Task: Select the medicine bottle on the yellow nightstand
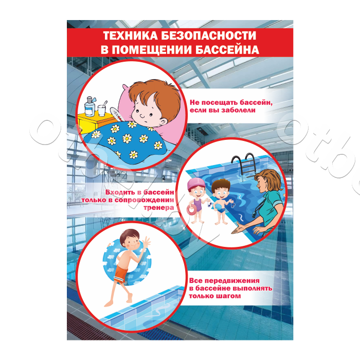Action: (x=89, y=106)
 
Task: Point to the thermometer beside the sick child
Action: (x=117, y=114)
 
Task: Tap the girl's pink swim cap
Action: (x=196, y=183)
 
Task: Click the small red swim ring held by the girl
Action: (x=191, y=209)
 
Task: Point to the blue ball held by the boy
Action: (x=221, y=209)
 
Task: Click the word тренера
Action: (x=158, y=208)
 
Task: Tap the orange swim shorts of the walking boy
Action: (x=121, y=274)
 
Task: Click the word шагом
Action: (x=228, y=296)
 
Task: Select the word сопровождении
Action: (x=144, y=200)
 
